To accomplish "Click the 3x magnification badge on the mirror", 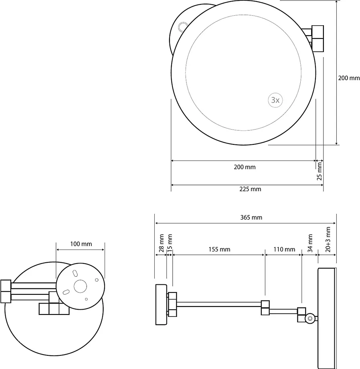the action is (275, 100).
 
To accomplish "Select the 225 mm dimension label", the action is (250, 189).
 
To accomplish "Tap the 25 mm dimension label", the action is (320, 171).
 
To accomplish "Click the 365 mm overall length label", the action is (251, 217).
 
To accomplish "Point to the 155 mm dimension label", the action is (219, 249).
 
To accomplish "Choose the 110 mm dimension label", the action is (284, 249).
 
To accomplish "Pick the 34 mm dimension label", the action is (310, 243).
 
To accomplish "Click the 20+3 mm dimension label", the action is (328, 239).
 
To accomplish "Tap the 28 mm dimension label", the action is (161, 243).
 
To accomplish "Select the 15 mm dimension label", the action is (170, 242).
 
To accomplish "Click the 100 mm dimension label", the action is (81, 244).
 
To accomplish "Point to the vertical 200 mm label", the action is (349, 78).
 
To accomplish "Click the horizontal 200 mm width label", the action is (245, 167).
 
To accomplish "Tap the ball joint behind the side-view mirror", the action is (310, 318).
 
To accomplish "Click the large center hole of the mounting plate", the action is (80, 286).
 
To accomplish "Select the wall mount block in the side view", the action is (161, 305).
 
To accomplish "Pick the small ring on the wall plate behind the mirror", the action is (183, 26).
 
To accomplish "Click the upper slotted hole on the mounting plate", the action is (75, 274).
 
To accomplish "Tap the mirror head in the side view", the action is (327, 318).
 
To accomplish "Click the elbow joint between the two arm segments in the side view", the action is (265, 308).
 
